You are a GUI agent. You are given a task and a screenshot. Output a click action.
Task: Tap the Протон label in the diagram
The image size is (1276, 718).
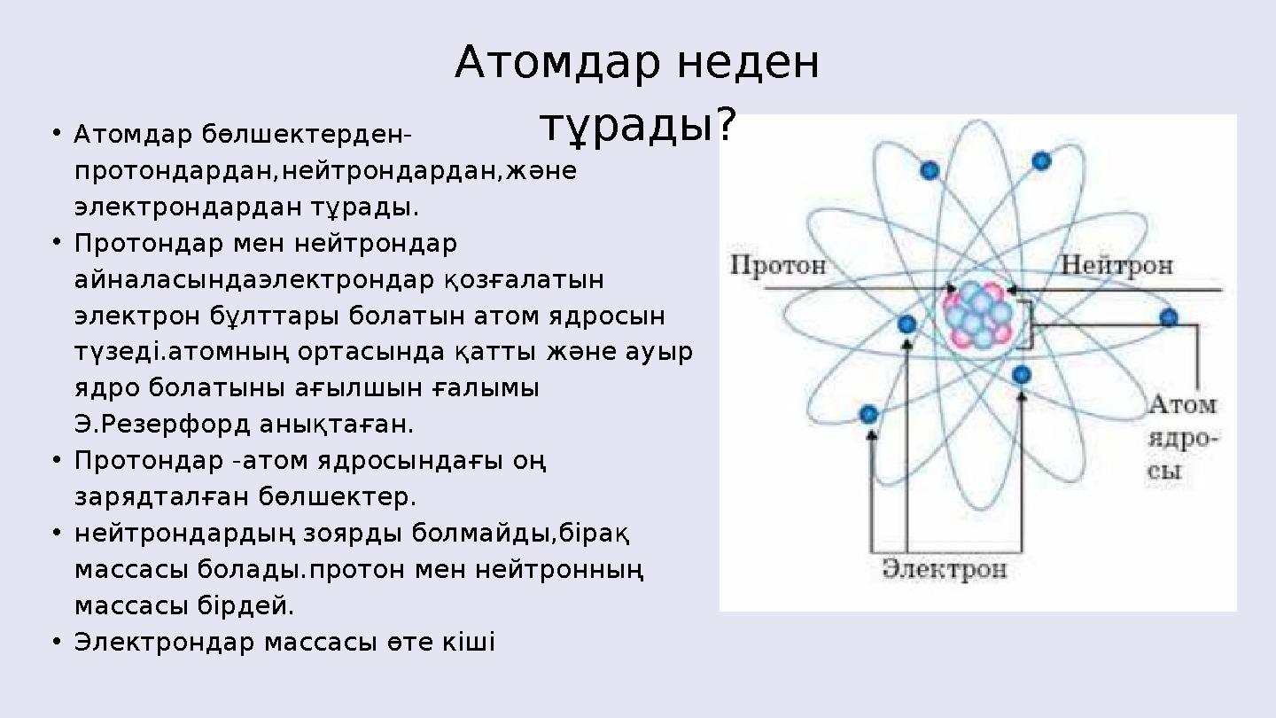pos(778,265)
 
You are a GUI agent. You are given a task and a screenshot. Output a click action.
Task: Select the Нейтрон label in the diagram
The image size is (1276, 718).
pos(1117,265)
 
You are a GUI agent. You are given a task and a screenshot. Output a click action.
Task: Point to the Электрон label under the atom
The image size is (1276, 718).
pos(945,568)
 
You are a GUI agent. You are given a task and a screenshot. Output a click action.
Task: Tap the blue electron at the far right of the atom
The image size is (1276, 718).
pos(1169,317)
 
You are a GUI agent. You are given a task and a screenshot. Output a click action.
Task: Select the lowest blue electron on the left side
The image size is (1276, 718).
pos(868,414)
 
